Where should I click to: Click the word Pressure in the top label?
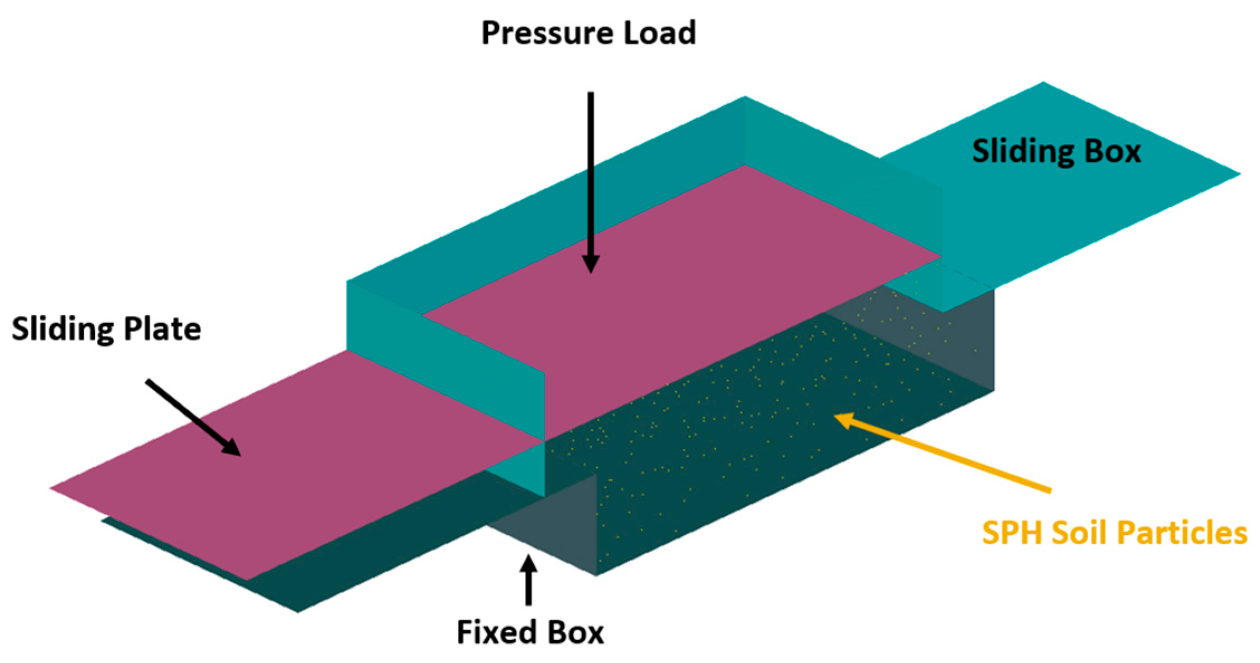click(x=548, y=33)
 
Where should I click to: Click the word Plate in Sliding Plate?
click(x=162, y=329)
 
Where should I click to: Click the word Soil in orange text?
click(x=1084, y=533)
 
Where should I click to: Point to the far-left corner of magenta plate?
click(x=51, y=488)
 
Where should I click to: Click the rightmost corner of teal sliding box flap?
click(x=1239, y=174)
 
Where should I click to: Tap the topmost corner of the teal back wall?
click(x=744, y=98)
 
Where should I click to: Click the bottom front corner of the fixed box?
click(x=596, y=575)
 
